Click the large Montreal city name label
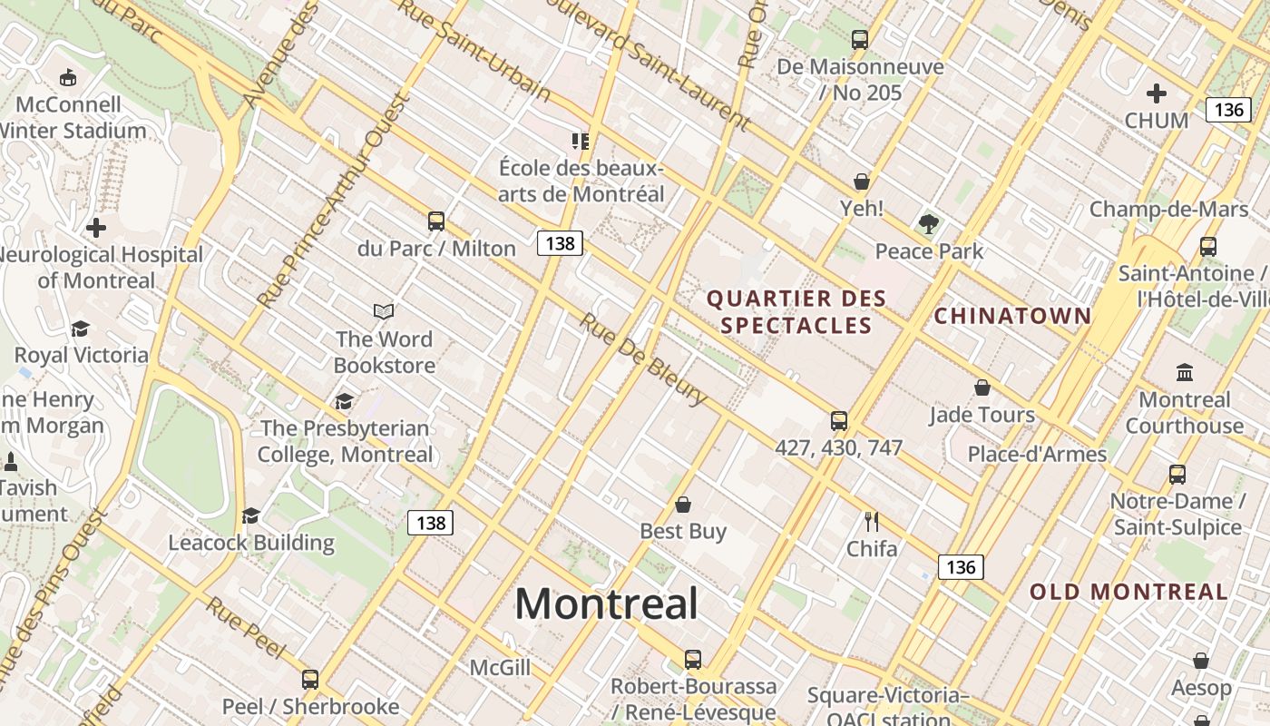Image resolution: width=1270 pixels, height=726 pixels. pyautogui.click(x=606, y=604)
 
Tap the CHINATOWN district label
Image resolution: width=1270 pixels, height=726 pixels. pyautogui.click(x=1012, y=316)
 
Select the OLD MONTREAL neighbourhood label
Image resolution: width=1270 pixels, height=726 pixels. pyautogui.click(x=1128, y=592)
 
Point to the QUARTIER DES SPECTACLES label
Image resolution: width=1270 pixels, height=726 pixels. pyautogui.click(x=796, y=311)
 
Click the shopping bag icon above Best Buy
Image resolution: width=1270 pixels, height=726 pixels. pyautogui.click(x=683, y=505)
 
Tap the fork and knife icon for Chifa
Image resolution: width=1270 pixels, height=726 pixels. pyautogui.click(x=872, y=522)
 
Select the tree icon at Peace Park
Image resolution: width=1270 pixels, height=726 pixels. pyautogui.click(x=928, y=223)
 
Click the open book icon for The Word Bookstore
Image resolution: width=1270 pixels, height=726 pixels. pyautogui.click(x=384, y=312)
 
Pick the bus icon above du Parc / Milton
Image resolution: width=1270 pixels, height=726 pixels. pyautogui.click(x=436, y=221)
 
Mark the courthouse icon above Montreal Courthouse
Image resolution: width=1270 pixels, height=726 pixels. pyautogui.click(x=1184, y=372)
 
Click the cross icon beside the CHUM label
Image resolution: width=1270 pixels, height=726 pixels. pyautogui.click(x=1156, y=93)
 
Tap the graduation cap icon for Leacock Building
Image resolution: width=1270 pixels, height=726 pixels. pyautogui.click(x=250, y=516)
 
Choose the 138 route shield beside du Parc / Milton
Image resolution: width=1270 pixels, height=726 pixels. pyautogui.click(x=560, y=243)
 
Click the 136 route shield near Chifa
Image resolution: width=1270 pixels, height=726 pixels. pyautogui.click(x=961, y=567)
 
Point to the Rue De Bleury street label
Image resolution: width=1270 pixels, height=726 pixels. pyautogui.click(x=643, y=359)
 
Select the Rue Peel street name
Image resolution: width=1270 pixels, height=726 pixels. pyautogui.click(x=246, y=628)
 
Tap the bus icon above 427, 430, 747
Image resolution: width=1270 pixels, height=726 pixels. pyautogui.click(x=839, y=421)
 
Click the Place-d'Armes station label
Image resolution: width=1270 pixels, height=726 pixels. pyautogui.click(x=1037, y=454)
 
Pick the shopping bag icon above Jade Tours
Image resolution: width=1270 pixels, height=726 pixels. pyautogui.click(x=982, y=388)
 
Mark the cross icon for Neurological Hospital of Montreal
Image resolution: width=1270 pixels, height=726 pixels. pyautogui.click(x=96, y=228)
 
